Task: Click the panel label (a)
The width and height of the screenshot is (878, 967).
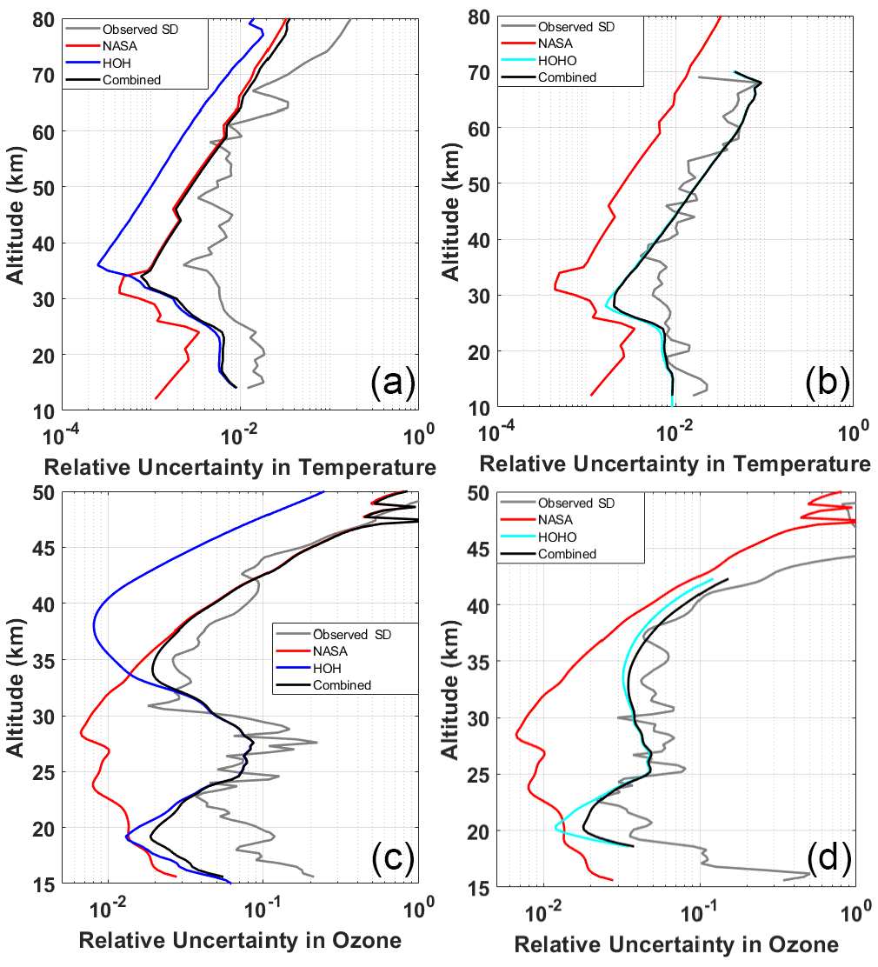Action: point(388,383)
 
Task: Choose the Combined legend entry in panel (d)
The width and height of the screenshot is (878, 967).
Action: point(567,554)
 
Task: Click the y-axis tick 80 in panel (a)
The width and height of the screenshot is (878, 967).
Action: point(43,18)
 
